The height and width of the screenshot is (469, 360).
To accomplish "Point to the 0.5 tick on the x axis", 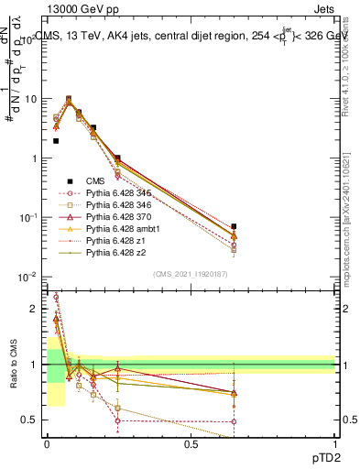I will (x=191, y=444).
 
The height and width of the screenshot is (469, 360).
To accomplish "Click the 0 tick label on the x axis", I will (x=48, y=444).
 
